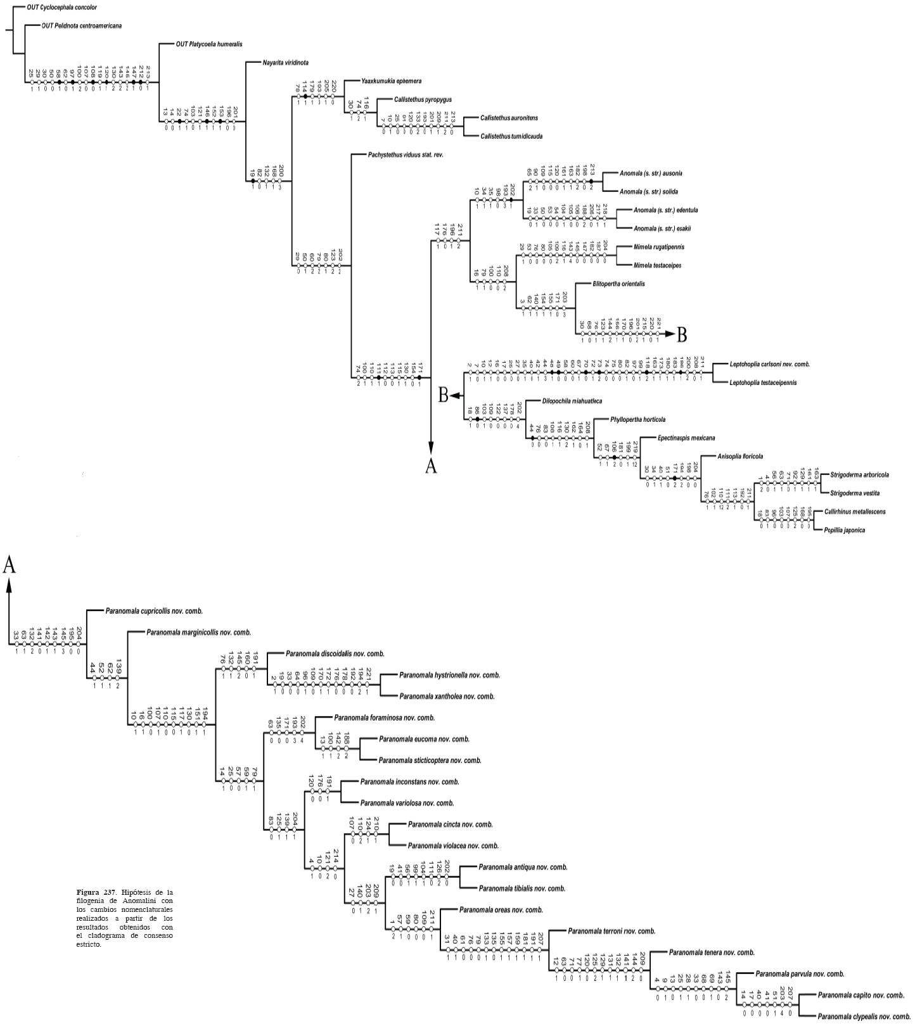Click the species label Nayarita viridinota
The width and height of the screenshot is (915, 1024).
pos(286,63)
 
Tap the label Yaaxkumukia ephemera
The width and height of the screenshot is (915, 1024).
pos(391,81)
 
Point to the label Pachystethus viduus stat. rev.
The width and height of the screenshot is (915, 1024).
pos(405,155)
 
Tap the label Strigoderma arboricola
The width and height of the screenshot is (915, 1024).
pos(859,474)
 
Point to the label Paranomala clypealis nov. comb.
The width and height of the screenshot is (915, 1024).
pos(864,1016)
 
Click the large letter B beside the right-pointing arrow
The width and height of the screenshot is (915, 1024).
pos(681,334)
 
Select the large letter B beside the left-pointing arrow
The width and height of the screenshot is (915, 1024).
pos(444,396)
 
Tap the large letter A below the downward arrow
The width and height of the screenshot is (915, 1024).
pos(431,466)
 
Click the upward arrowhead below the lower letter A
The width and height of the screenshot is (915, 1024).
pos(9,586)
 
